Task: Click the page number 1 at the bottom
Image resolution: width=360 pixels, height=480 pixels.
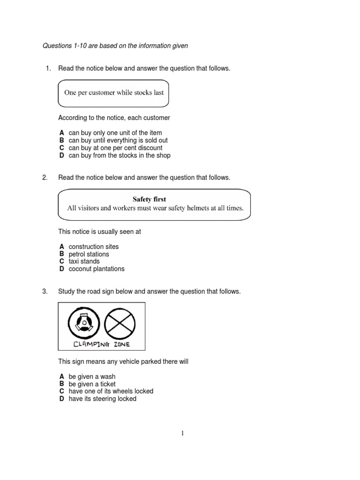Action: [x=182, y=434]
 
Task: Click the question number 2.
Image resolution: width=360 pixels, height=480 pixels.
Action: [x=45, y=178]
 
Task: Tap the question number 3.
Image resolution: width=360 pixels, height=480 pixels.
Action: [x=45, y=292]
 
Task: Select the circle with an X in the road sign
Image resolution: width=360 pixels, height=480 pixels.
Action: [x=120, y=323]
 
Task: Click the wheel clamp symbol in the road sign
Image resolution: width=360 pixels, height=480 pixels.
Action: [x=84, y=323]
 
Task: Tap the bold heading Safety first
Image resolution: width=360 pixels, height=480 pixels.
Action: [x=149, y=199]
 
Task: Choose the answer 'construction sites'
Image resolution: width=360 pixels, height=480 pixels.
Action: [x=94, y=247]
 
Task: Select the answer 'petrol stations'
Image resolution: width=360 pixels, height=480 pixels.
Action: [x=89, y=254]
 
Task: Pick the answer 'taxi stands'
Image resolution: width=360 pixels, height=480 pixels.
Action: [x=84, y=261]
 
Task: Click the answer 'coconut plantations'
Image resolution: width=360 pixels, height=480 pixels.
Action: [x=97, y=269]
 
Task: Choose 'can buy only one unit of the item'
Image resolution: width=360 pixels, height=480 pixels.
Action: [x=115, y=133]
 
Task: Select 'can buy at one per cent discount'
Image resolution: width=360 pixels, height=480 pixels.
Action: [x=115, y=148]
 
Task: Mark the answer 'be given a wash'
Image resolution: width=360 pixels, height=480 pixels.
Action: [x=92, y=376]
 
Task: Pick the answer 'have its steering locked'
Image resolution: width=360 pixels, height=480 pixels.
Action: [x=102, y=398]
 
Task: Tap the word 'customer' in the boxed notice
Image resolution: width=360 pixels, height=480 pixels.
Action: [x=95, y=92]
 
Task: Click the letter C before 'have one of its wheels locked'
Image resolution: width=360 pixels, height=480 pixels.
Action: [x=61, y=391]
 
